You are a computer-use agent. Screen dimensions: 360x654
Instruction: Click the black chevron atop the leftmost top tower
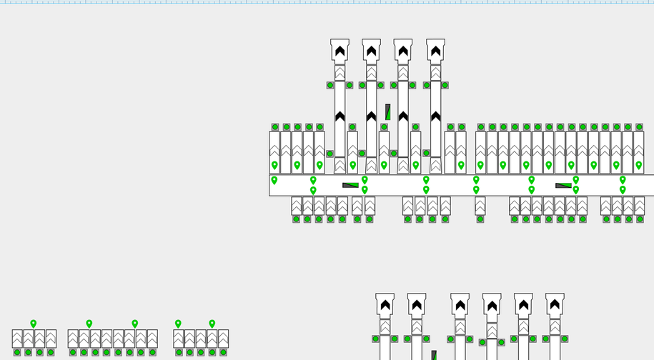340,51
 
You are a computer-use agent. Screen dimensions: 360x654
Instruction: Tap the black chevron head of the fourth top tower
435,51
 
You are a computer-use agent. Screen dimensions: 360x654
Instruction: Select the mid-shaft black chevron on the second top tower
371,116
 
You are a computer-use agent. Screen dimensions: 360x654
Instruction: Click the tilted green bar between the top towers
387,112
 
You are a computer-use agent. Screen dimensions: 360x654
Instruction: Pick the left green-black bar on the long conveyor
350,185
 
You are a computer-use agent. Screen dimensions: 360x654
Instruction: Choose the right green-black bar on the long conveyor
563,186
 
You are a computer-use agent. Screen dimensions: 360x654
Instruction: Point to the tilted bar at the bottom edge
434,355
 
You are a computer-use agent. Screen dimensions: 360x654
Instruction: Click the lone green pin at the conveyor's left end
274,181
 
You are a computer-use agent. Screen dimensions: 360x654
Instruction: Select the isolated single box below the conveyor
480,206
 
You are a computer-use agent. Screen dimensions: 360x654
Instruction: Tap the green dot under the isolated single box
480,219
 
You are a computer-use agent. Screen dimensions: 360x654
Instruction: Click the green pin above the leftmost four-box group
34,324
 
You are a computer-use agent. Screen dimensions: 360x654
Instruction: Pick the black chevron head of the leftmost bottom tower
385,305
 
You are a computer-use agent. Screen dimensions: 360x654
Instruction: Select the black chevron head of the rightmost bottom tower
555,305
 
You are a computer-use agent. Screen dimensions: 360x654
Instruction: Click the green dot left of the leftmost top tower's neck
330,85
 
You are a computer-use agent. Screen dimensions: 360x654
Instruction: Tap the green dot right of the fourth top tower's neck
445,85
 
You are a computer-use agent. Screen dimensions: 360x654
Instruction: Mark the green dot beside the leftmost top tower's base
330,154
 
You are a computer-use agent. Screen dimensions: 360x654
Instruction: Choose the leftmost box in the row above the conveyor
274,152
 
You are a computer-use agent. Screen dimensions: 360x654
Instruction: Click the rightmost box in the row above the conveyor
638,152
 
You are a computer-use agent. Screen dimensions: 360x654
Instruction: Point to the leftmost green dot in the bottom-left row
17,352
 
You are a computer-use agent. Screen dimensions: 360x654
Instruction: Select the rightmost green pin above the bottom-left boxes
212,324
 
